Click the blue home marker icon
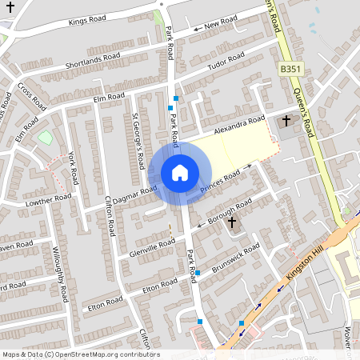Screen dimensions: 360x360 (180, 172)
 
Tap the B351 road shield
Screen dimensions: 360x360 (290, 70)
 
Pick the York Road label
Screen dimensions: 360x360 (73, 167)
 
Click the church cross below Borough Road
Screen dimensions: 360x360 (232, 222)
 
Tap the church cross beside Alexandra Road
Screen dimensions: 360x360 (286, 122)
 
